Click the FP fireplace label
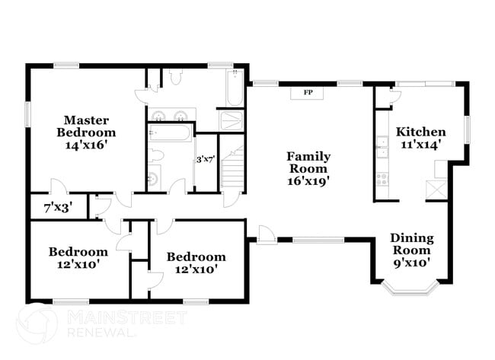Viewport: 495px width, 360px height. coord(308,93)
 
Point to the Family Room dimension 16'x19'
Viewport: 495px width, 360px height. coord(308,181)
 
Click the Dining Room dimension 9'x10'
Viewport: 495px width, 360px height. coord(412,263)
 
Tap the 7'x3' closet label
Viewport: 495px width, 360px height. coord(58,207)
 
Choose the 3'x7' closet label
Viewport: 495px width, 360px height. coord(206,160)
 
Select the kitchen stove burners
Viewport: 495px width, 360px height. coord(382,180)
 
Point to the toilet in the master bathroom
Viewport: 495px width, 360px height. coord(175,76)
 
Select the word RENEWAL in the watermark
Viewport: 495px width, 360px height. coord(104,333)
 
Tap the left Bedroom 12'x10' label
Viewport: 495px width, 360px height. coord(78,258)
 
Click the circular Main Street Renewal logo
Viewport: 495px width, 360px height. coord(36,325)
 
